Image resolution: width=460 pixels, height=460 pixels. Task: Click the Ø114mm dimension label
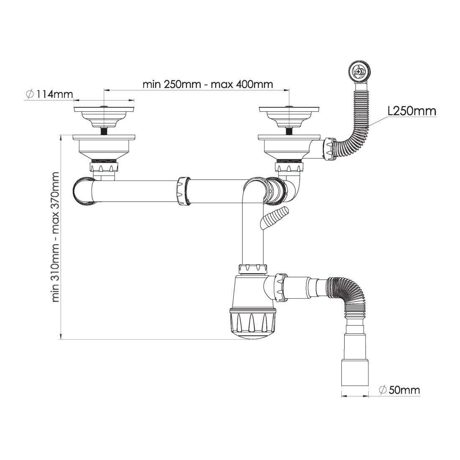(49, 94)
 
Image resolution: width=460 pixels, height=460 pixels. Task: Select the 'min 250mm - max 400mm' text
(208, 84)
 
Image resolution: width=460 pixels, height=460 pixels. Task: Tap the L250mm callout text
(411, 111)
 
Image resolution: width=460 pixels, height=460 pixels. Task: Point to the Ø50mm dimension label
(399, 390)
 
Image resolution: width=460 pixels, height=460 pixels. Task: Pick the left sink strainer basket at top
(104, 116)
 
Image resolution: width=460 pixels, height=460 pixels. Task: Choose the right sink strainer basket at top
(289, 116)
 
